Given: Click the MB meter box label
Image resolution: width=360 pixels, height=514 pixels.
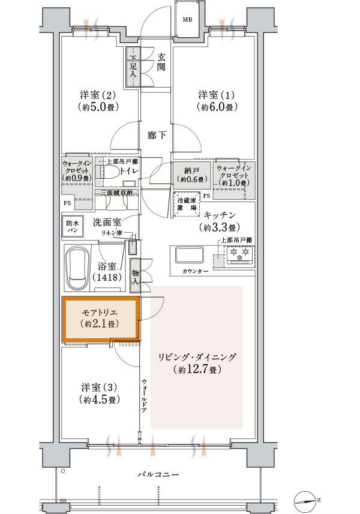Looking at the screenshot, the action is (187, 20).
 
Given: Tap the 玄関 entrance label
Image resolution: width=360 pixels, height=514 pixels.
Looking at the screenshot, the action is (161, 62).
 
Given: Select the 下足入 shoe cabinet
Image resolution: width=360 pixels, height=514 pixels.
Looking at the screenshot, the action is (133, 68).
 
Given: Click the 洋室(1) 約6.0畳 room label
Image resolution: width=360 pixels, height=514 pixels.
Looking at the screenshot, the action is (217, 101).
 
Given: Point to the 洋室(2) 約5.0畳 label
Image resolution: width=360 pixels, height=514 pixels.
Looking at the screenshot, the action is (98, 101).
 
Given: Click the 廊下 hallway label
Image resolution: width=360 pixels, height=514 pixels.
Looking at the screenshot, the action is (157, 135).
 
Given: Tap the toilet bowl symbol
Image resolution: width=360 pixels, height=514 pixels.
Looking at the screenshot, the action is (107, 172).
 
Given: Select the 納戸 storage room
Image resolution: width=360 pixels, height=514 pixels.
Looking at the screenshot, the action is (192, 174).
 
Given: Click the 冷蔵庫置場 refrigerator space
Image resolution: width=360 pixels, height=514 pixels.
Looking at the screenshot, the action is (187, 204).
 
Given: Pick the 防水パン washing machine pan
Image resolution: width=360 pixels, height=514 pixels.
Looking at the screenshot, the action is (73, 226).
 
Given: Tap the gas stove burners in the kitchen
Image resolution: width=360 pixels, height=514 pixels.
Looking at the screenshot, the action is (239, 254).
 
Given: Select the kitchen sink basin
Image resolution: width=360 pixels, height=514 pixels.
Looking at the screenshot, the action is (190, 255).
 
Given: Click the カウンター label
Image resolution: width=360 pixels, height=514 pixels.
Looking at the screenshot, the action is (195, 272).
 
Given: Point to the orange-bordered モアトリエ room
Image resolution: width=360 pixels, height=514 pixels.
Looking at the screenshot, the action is (101, 319).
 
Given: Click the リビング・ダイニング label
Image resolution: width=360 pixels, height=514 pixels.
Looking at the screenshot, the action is (197, 362).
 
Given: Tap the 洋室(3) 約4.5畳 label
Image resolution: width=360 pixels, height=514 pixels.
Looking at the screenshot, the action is (99, 393).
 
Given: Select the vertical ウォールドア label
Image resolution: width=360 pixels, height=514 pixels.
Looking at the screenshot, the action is (144, 395).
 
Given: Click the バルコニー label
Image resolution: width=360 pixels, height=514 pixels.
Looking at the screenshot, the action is (158, 474).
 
